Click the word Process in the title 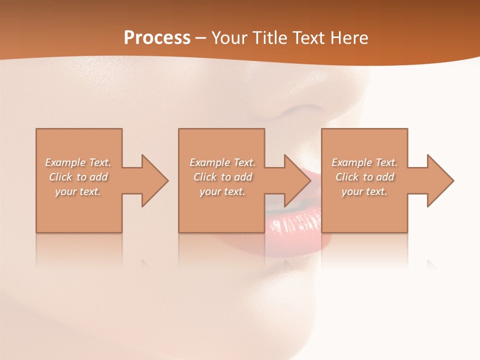pyautogui.click(x=157, y=37)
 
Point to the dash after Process pyautogui.click(x=200, y=38)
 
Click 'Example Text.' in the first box pyautogui.click(x=78, y=162)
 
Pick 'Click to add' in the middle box pyautogui.click(x=222, y=177)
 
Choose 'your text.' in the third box pyautogui.click(x=364, y=191)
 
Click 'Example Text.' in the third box pyautogui.click(x=364, y=162)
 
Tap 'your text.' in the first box pyautogui.click(x=78, y=191)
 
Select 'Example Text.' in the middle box pyautogui.click(x=222, y=162)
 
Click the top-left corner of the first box pyautogui.click(x=36, y=129)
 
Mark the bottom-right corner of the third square pyautogui.click(x=407, y=232)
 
